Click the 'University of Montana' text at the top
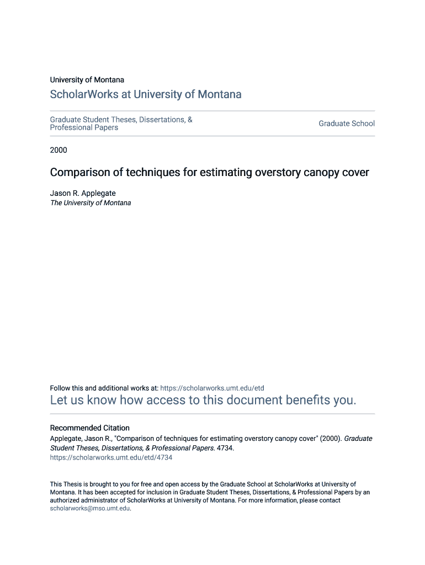click(x=87, y=80)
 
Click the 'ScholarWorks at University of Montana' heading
click(x=146, y=94)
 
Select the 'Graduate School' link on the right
click(x=346, y=124)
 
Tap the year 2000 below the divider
click(x=59, y=150)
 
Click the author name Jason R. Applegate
click(x=83, y=193)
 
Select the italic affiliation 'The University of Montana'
click(x=91, y=203)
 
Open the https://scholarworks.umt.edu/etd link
click(x=212, y=388)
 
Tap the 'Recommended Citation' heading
click(x=90, y=428)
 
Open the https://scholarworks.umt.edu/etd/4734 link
click(x=111, y=457)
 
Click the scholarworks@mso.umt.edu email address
click(x=90, y=509)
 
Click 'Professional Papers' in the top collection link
click(x=84, y=127)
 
